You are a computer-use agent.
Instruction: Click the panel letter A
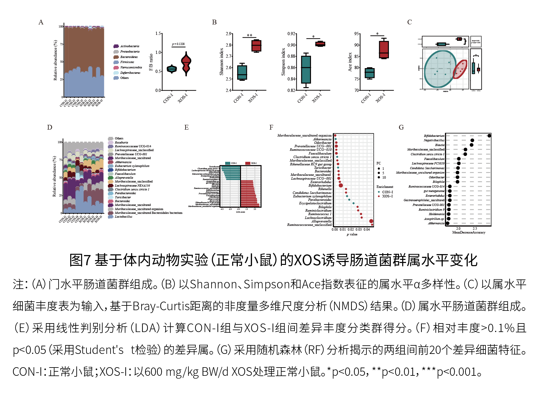(x=41, y=22)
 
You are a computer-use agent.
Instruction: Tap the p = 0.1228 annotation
(x=178, y=44)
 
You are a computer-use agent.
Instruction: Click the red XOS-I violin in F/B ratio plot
(x=186, y=63)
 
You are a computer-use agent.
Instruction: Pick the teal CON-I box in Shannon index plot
(x=242, y=73)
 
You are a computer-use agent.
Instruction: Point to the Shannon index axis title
(x=222, y=62)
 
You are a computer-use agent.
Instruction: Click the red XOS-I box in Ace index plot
(x=384, y=49)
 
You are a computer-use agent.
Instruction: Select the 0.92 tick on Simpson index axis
(x=291, y=34)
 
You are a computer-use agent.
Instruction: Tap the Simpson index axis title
(x=283, y=62)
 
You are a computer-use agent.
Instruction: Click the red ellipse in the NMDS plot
(x=460, y=69)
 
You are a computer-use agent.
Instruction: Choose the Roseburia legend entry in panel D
(x=121, y=143)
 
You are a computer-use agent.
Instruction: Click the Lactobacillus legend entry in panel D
(x=124, y=217)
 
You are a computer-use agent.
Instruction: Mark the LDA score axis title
(x=240, y=212)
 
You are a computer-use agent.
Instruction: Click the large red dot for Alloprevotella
(x=371, y=221)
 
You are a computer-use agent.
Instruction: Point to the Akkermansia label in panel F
(x=322, y=139)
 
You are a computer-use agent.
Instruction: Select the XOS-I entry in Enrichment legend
(x=387, y=196)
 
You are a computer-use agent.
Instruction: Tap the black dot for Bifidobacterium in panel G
(x=489, y=136)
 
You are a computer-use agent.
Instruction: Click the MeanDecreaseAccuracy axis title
(x=469, y=233)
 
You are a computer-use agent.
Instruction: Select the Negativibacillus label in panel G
(x=434, y=140)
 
